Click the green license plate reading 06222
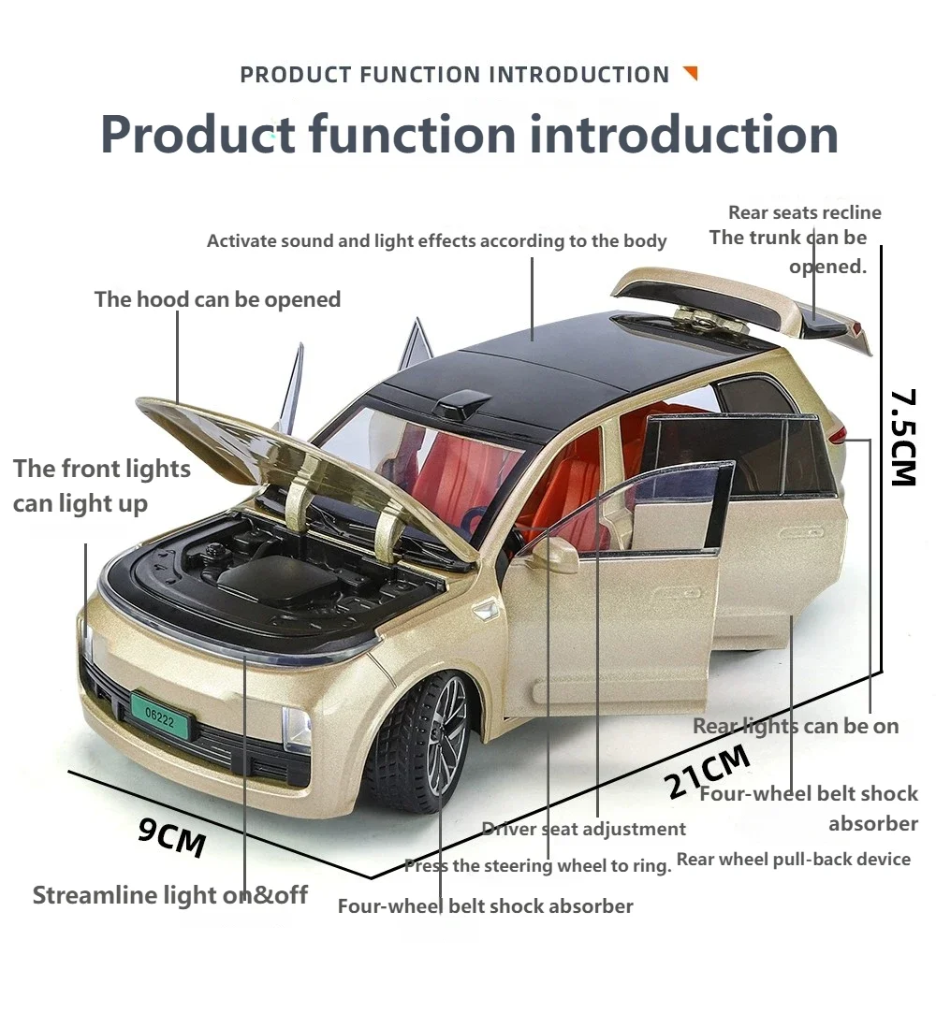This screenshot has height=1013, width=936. coord(161,716)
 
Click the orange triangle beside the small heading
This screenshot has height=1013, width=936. coord(691,72)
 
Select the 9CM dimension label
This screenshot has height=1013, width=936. coord(172,837)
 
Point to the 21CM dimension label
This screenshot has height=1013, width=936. coord(708,771)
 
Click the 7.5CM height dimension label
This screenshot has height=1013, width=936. coord(903,437)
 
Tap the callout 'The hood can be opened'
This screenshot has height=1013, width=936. coord(217,299)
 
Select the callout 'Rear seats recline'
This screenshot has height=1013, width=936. coord(805,212)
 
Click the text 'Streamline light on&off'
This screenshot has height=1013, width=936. coord(170,895)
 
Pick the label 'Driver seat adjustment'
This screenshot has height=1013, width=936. coord(584,828)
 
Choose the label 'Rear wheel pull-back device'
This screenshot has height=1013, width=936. coord(793,860)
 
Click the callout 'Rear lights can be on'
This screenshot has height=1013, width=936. coord(796,726)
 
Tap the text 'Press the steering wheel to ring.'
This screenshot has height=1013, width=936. coord(538,866)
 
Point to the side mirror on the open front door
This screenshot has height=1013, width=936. coord(555,555)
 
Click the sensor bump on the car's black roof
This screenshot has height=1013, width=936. coord(462,403)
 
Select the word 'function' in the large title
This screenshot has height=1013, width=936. coord(412,135)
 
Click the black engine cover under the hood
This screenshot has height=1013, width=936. coord(279,577)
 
